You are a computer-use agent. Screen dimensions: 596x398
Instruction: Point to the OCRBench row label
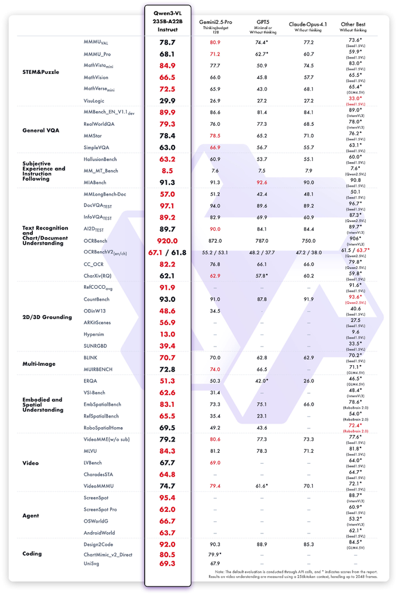click(97, 240)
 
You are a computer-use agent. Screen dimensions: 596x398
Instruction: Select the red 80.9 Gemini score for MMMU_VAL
click(216, 43)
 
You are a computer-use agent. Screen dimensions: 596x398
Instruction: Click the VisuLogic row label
click(96, 101)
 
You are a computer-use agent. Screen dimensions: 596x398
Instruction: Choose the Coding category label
click(32, 553)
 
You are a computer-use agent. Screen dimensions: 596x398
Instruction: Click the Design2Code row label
click(99, 544)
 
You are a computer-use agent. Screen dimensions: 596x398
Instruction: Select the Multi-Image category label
click(41, 363)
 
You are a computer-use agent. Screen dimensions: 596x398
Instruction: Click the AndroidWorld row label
click(101, 533)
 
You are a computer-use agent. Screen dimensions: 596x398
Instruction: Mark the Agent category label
click(31, 515)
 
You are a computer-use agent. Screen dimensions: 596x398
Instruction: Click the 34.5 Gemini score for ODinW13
click(216, 311)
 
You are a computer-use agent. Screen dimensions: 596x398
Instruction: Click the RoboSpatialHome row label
click(105, 427)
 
